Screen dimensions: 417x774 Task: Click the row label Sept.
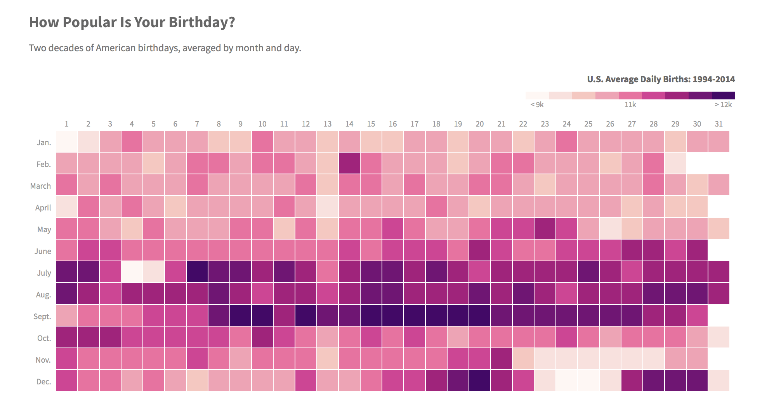tap(42, 316)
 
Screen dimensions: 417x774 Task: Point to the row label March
tap(40, 186)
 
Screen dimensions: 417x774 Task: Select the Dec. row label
tap(43, 382)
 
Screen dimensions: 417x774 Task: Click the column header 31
tap(719, 124)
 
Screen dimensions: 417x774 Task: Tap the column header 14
tap(349, 124)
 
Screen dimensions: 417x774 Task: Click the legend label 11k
tap(630, 105)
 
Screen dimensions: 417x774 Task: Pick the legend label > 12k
tap(723, 105)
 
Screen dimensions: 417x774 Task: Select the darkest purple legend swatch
tap(724, 96)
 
